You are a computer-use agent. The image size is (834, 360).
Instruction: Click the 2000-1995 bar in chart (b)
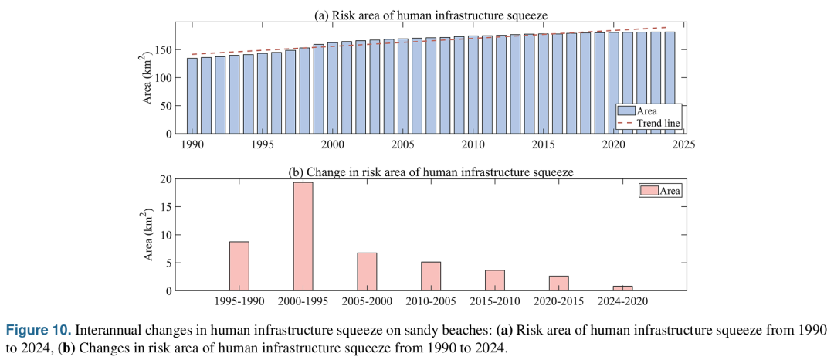point(303,236)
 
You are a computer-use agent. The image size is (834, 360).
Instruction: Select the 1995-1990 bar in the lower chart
point(239,266)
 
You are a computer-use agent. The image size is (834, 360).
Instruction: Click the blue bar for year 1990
point(192,96)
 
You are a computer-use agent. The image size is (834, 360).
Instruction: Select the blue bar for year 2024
point(670,83)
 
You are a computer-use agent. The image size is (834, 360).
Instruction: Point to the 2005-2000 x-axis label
point(367,301)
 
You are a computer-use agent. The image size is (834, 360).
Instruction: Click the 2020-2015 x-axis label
point(559,301)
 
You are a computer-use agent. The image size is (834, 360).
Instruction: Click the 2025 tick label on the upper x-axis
point(683,144)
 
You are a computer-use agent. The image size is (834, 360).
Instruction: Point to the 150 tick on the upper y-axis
point(164,49)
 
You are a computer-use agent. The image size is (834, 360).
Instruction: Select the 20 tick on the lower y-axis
point(165,179)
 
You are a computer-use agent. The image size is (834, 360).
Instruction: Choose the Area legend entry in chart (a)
point(648,111)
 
